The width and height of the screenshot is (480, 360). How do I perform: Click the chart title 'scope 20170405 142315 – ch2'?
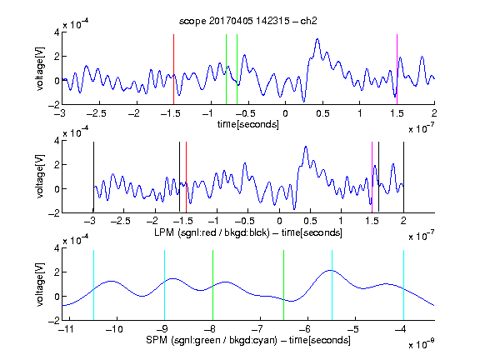click(248, 21)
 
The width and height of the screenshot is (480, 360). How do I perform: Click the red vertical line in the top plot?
click(173, 69)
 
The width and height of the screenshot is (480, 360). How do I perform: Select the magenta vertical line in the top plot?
click(397, 69)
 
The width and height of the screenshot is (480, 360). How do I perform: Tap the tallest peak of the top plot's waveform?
click(317, 39)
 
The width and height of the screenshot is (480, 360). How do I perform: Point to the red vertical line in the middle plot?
click(186, 177)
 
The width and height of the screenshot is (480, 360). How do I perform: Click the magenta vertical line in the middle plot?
click(372, 177)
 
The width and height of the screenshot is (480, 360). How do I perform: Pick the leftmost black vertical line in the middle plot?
click(93, 177)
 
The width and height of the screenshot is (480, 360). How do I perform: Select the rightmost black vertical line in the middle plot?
click(403, 177)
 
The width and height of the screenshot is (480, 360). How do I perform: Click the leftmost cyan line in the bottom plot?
click(93, 285)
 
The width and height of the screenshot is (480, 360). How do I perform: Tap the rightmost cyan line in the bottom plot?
click(403, 285)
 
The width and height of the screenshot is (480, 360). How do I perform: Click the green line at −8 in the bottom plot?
click(212, 285)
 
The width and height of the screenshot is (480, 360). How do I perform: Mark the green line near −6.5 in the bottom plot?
click(284, 285)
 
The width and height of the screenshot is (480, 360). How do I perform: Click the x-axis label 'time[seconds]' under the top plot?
click(248, 124)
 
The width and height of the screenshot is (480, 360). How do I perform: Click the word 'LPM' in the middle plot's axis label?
click(164, 232)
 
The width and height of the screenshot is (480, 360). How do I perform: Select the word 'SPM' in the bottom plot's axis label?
click(157, 340)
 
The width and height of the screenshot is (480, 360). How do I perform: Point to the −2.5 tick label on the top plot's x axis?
click(97, 113)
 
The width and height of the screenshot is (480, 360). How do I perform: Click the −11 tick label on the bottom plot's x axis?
click(67, 329)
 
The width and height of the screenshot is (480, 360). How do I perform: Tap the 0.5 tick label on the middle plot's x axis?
click(310, 221)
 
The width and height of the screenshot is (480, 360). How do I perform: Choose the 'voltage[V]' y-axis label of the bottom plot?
click(40, 284)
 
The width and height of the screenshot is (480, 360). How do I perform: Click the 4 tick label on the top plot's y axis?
click(57, 32)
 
